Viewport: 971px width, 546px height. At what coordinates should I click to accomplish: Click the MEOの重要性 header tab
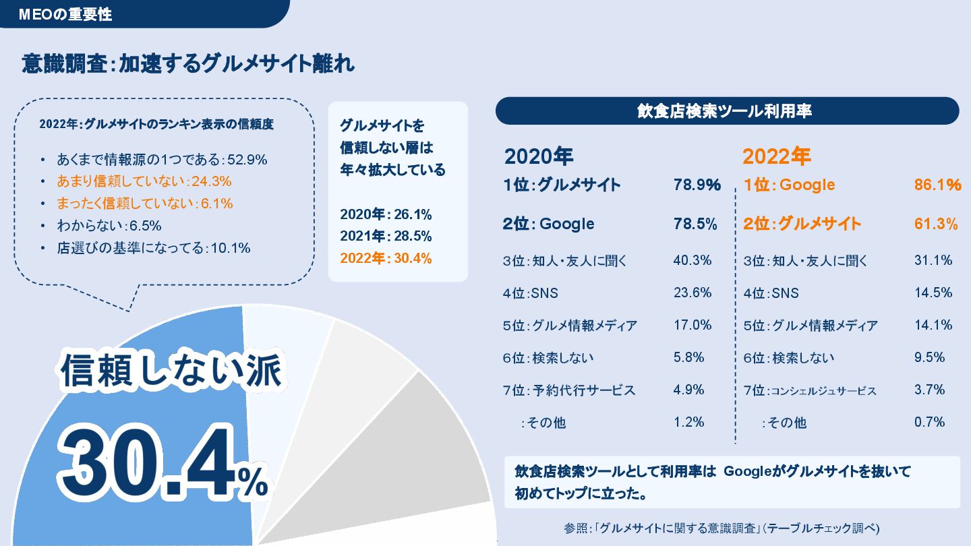[65, 14]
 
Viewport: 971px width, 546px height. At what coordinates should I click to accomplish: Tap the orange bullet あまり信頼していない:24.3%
[144, 181]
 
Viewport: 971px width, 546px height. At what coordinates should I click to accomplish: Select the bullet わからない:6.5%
[109, 225]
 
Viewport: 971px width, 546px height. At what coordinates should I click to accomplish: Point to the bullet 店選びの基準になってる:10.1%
[154, 247]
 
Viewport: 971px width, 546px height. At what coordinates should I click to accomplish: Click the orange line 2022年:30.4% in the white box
[386, 258]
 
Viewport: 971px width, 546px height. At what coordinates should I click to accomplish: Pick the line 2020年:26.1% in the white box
[386, 215]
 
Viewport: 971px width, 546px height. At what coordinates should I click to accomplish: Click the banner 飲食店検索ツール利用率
[727, 111]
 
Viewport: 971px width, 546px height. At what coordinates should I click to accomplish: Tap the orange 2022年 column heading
[776, 156]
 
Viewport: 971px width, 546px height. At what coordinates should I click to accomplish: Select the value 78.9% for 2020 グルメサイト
[697, 185]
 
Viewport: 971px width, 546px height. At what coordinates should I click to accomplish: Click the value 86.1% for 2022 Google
[937, 185]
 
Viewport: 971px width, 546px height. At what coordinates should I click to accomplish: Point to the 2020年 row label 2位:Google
[549, 224]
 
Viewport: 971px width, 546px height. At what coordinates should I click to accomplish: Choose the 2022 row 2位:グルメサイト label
[802, 224]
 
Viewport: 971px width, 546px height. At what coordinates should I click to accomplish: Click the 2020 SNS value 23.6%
[693, 293]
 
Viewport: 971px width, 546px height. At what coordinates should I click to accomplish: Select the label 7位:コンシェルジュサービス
[810, 390]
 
